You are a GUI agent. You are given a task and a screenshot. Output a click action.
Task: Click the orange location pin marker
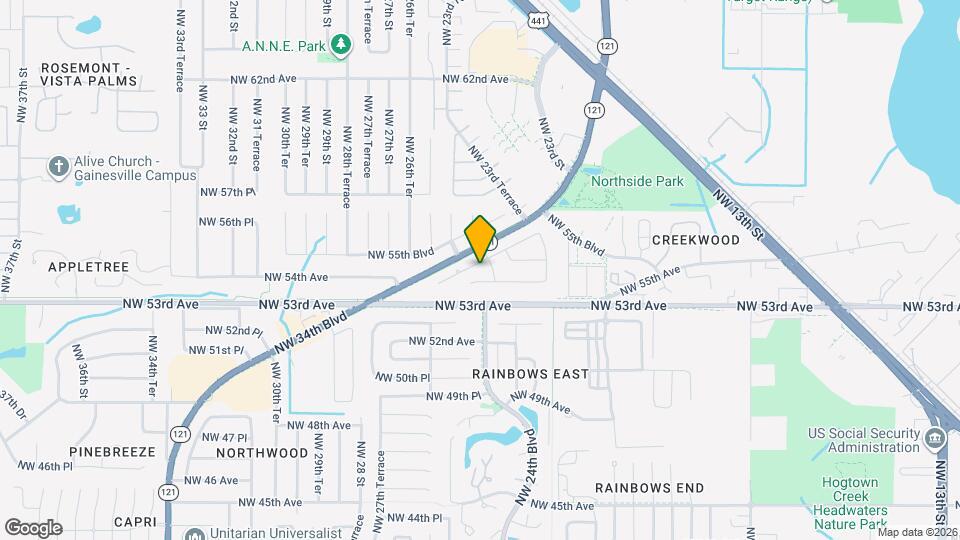[x=480, y=238]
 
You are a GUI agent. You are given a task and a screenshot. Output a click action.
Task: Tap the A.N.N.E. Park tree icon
[x=343, y=45]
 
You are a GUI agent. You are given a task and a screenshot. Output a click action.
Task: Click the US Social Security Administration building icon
[x=934, y=438]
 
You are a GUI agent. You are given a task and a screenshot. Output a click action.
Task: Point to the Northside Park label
[x=637, y=182]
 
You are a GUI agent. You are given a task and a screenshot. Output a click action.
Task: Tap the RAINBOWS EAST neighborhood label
[x=530, y=374]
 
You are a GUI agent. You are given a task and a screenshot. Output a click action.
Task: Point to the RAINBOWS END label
[x=650, y=488]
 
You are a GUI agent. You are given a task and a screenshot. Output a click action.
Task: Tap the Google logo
[x=33, y=527]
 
